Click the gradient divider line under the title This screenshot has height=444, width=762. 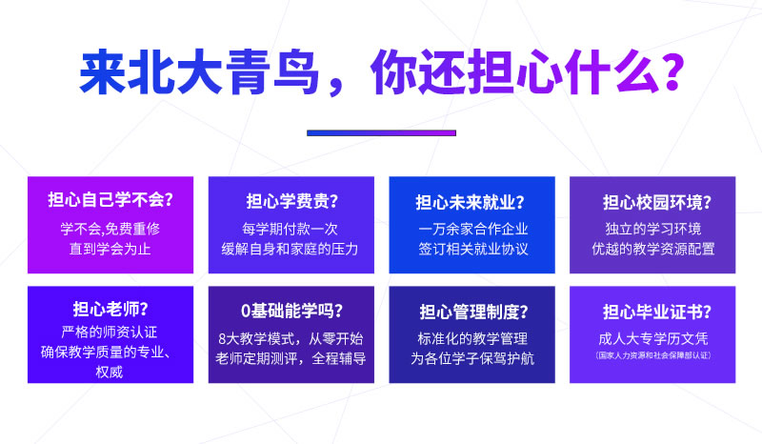(x=382, y=132)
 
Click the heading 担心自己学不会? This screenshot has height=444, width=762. (x=110, y=199)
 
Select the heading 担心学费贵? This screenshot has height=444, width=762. (x=291, y=201)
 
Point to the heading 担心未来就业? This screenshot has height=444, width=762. (x=470, y=202)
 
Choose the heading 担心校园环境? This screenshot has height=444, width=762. (x=657, y=202)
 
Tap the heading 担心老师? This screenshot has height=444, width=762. (x=110, y=309)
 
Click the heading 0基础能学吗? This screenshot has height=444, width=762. (x=291, y=311)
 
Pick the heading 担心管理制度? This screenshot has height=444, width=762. (x=473, y=312)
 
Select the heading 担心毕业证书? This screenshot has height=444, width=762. (x=657, y=312)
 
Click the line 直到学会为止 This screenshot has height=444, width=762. (x=110, y=249)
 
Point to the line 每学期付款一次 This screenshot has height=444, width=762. (x=291, y=229)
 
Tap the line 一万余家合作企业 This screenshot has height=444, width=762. (x=472, y=229)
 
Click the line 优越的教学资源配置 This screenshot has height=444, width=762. (x=653, y=249)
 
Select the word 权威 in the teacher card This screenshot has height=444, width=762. (x=110, y=372)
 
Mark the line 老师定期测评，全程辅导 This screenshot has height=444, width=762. (x=291, y=358)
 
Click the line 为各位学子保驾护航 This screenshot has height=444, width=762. (x=472, y=358)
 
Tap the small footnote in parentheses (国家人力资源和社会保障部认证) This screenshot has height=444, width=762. (x=653, y=355)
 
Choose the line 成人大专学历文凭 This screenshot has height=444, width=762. (x=653, y=338)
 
